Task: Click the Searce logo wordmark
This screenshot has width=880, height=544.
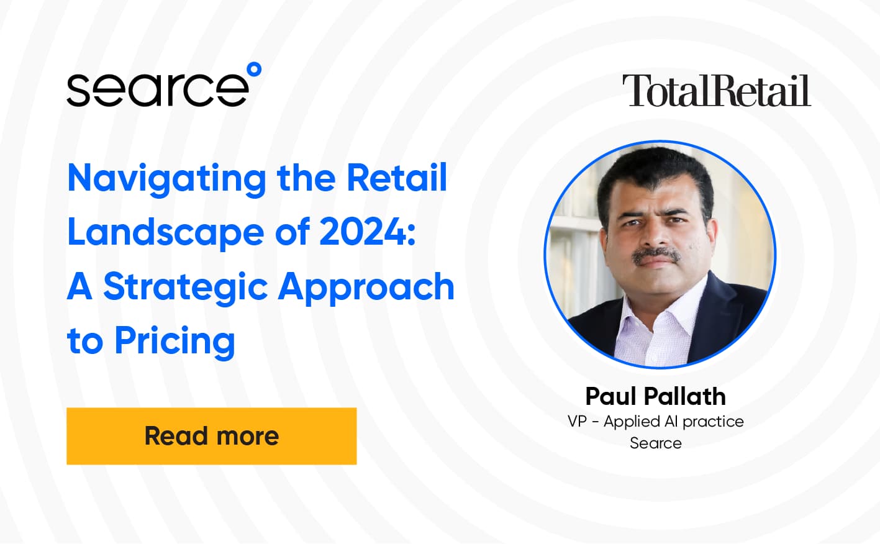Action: [x=158, y=89]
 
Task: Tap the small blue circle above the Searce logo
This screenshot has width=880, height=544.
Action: [x=254, y=70]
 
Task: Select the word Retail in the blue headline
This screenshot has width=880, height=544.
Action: [x=397, y=178]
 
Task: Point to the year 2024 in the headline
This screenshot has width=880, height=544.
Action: [x=363, y=232]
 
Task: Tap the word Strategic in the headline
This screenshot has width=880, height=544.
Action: [x=185, y=288]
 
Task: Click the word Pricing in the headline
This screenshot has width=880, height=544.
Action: [x=175, y=342]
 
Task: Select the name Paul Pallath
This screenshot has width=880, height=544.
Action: [x=655, y=396]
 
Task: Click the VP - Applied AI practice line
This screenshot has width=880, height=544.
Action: [x=655, y=422]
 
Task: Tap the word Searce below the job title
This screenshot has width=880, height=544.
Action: [x=655, y=443]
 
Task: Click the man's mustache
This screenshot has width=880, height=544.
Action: [x=656, y=255]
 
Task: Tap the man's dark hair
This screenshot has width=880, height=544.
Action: [x=652, y=171]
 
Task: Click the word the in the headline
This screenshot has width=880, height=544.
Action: [x=305, y=178]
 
